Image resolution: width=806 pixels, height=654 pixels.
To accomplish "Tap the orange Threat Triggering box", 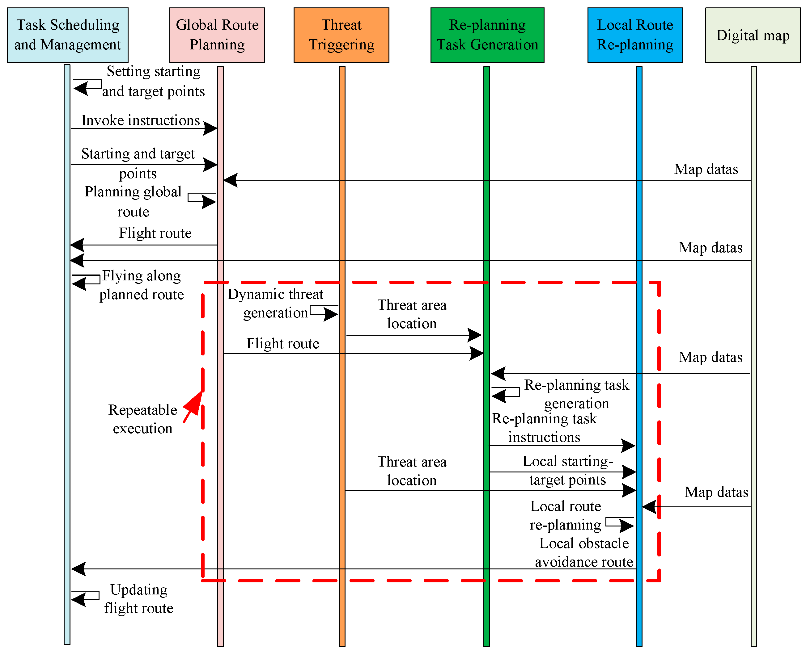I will click(341, 35).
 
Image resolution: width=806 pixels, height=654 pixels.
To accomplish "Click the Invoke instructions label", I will click(140, 120).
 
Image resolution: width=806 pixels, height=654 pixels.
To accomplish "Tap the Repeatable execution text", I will click(142, 419).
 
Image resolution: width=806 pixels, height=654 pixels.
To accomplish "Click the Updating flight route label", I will click(139, 599).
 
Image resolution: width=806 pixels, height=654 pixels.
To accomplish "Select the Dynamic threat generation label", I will click(275, 303).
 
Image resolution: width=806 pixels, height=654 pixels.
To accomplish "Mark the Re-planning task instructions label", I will click(544, 428).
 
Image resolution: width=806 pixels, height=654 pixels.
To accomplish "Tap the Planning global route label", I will click(133, 202).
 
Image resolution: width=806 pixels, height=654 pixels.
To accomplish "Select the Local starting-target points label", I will click(567, 471).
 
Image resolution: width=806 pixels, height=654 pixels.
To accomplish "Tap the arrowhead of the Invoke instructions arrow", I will click(210, 128).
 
